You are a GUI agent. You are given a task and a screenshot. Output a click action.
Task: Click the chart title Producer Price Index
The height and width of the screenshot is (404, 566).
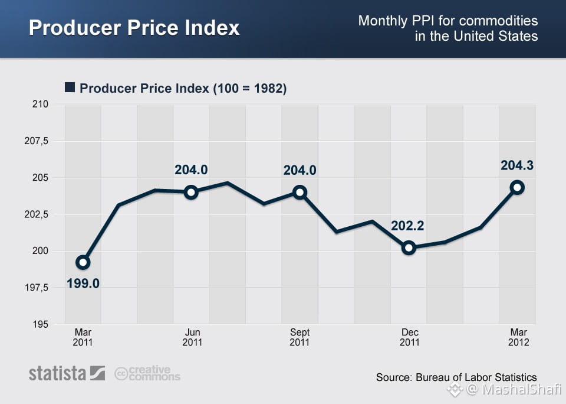coord(134,28)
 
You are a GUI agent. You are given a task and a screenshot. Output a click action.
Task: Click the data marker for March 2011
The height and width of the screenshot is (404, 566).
coord(83,262)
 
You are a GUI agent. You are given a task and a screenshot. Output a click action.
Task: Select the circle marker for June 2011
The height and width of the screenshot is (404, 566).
coord(191,192)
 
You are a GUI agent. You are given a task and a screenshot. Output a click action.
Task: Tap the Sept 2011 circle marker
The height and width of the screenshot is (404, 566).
coord(300,192)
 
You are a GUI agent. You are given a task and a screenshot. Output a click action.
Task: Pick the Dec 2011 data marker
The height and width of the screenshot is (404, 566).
coord(409,247)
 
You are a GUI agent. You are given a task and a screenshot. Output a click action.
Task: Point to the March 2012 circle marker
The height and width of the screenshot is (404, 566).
coord(517,187)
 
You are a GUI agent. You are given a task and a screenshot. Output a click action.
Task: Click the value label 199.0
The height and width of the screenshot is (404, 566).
coord(83,284)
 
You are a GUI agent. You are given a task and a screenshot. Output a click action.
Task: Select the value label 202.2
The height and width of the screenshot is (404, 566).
coord(407,226)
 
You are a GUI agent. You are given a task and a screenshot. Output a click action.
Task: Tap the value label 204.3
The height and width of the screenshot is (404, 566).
coord(517,165)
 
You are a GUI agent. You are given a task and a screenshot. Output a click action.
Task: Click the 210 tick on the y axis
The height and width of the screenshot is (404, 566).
coord(40,104)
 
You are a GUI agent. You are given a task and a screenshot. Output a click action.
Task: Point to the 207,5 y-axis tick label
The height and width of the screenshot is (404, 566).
coord(36,141)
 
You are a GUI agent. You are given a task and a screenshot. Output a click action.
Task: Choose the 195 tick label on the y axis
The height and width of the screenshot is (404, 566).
coord(40,324)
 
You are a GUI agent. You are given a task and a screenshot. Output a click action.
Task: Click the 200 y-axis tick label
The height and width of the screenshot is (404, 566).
coord(40,250)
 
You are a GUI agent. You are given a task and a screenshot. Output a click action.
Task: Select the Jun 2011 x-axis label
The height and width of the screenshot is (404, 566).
coord(192,337)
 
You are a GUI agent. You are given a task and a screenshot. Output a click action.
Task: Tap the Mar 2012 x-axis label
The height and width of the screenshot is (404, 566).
coord(519,337)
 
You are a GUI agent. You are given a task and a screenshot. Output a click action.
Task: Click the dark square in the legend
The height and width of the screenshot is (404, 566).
coord(70,87)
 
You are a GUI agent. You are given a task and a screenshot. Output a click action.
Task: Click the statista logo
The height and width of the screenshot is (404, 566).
coord(67,373)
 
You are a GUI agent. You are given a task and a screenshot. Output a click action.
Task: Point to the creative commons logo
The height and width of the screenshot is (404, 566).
coord(147,373)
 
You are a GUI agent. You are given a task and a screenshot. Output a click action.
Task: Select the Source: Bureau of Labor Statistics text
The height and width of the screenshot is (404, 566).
coord(456,377)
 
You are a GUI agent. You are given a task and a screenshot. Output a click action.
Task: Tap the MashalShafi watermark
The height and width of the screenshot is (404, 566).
coord(504,390)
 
